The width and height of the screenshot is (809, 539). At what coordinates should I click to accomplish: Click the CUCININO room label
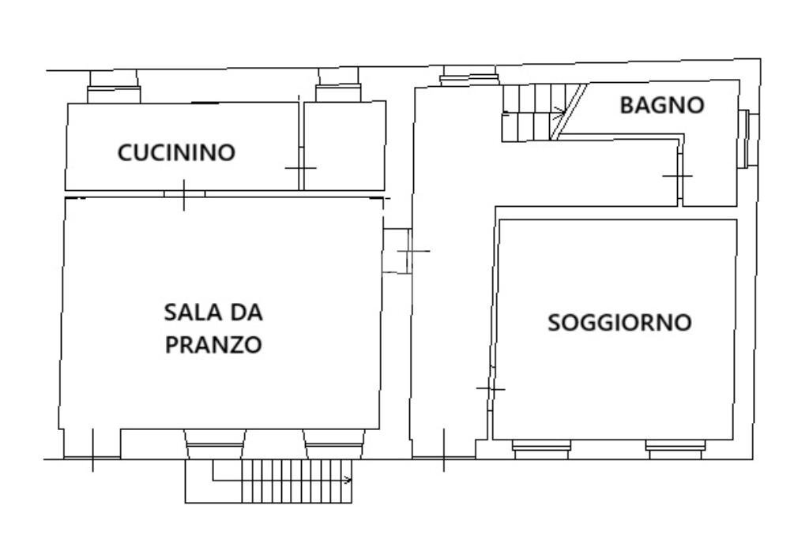coord(176,152)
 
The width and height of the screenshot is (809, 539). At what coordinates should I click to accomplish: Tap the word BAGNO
coord(661,105)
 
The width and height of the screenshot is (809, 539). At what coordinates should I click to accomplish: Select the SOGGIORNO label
coord(620,323)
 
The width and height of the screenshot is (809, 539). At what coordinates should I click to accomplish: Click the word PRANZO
coord(213,346)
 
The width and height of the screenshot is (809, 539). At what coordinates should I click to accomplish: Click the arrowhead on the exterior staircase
coord(348,479)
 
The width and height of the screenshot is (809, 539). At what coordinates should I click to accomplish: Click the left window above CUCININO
coord(113,87)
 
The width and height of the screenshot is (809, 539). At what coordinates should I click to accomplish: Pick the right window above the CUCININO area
coord(338,85)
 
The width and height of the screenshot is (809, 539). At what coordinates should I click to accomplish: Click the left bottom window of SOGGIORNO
coord(541,449)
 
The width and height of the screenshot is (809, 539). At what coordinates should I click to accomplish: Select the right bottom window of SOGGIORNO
coord(675,449)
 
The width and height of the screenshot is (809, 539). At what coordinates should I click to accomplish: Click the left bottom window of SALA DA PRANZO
coord(215,445)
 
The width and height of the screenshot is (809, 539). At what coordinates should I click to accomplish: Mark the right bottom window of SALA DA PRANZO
coord(333,445)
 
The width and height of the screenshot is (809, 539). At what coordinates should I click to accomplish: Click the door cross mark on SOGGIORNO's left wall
coord(491,388)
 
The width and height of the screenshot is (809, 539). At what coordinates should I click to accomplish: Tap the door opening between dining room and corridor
coord(397,251)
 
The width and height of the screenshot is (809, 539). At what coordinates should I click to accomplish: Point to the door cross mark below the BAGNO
coord(677,175)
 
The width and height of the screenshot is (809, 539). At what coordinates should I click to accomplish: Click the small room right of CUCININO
coord(344,146)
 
